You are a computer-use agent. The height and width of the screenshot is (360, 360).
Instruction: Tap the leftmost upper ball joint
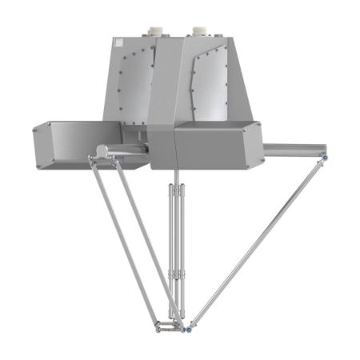pos(92,162)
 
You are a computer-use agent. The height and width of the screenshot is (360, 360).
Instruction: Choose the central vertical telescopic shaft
pos(176,240)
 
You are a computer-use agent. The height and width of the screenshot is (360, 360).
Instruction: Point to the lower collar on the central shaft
pos(176,279)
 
